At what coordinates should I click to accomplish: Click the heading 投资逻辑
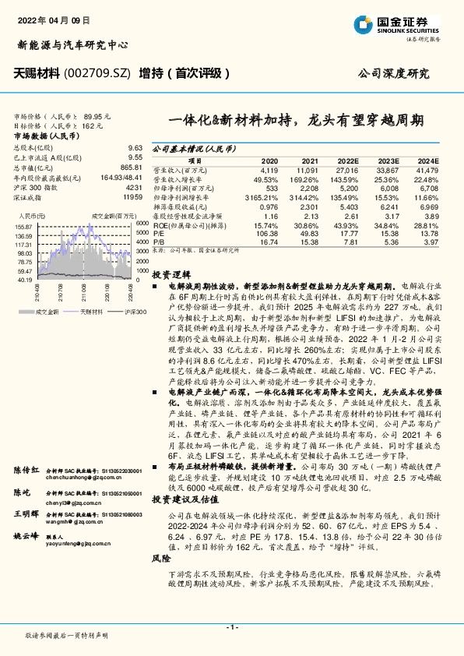click(x=170, y=276)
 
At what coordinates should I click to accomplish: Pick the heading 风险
click(x=160, y=581)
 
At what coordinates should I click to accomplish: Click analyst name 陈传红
click(x=26, y=450)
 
